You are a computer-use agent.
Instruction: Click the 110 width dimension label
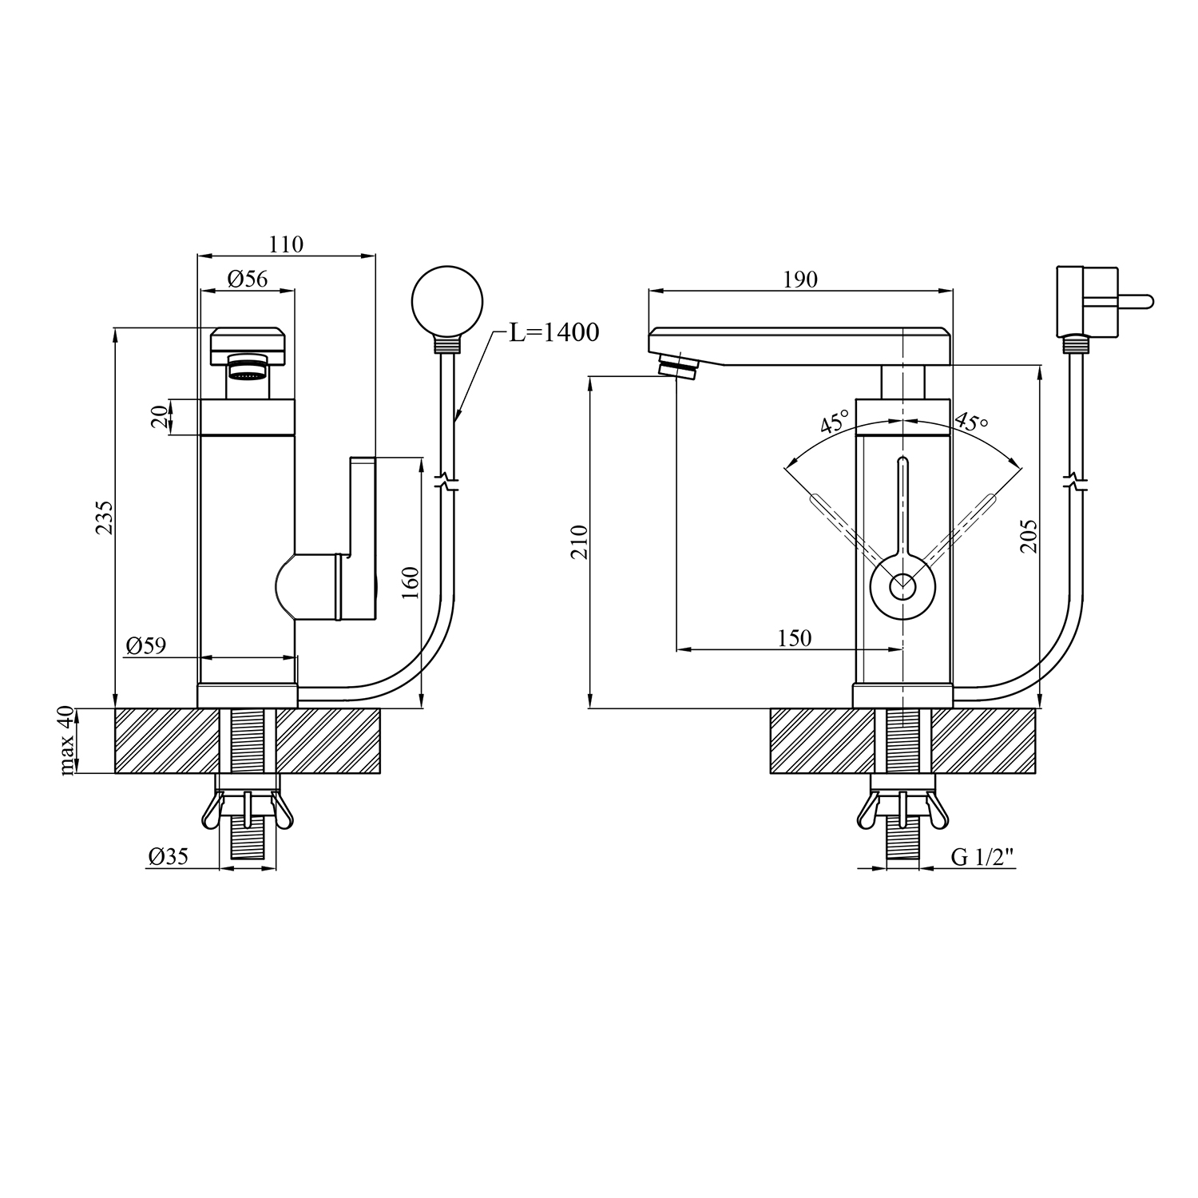(286, 244)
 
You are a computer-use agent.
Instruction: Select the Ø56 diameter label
(247, 279)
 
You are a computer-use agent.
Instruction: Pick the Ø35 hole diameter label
(168, 857)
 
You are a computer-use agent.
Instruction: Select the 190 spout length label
(800, 279)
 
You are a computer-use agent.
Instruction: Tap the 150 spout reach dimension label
(794, 638)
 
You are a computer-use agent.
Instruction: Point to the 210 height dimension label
(580, 541)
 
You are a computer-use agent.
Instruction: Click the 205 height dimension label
(1029, 537)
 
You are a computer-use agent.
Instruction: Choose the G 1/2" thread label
(982, 857)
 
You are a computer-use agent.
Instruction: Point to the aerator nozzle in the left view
(247, 369)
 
